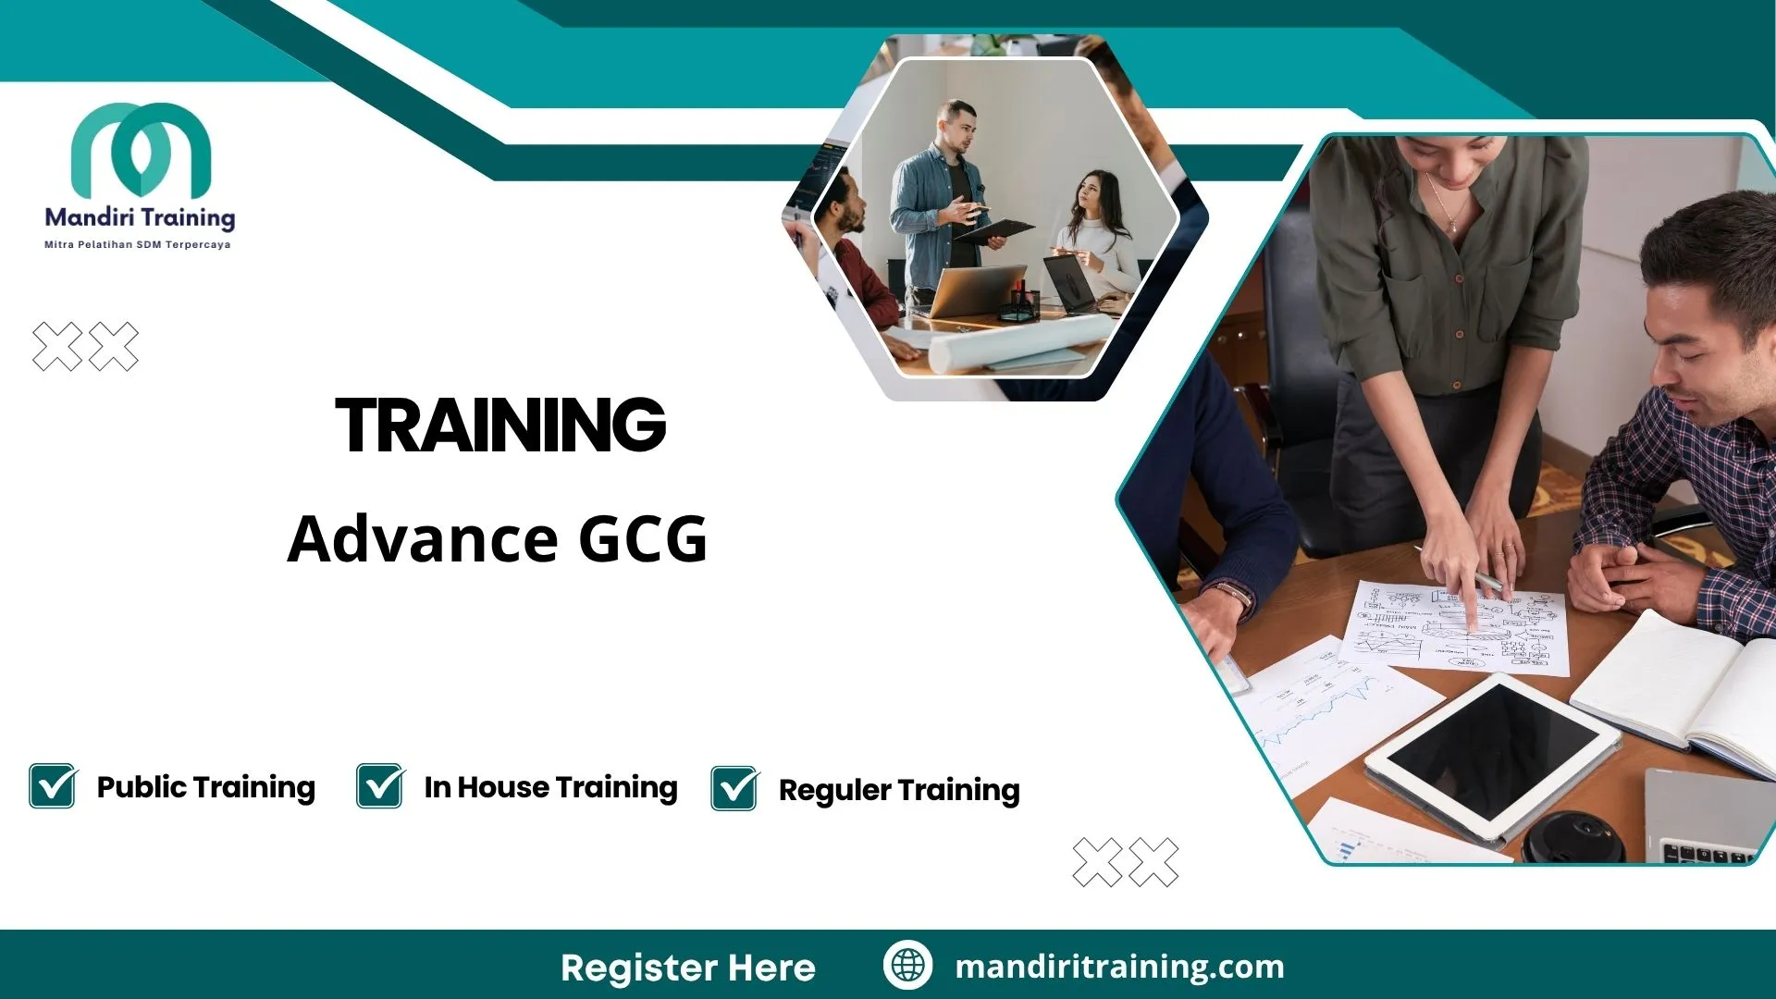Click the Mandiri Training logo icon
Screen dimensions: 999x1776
tap(141, 149)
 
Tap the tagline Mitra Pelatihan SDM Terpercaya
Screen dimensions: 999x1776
tap(138, 245)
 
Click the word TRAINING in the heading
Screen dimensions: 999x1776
tap(500, 425)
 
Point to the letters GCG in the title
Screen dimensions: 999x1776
tap(643, 539)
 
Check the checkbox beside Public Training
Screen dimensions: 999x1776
tap(53, 786)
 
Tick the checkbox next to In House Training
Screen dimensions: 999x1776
tap(380, 786)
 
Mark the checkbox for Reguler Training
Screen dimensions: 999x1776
tap(734, 789)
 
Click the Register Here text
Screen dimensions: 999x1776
tap(688, 968)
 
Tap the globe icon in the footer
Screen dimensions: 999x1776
tap(907, 966)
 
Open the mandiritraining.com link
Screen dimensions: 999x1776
tap(1119, 967)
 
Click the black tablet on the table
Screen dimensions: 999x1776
tap(1491, 754)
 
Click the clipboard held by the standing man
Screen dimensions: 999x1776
tap(994, 229)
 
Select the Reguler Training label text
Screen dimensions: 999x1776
tap(899, 791)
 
